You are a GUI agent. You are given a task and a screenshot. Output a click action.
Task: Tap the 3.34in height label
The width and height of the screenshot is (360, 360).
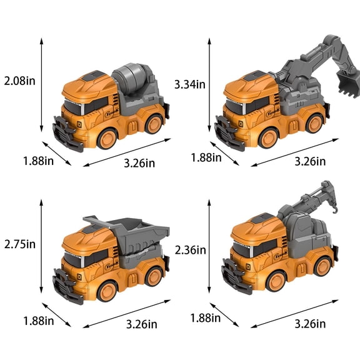click(x=190, y=83)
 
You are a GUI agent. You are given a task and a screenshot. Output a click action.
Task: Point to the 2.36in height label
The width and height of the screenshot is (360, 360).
click(x=190, y=250)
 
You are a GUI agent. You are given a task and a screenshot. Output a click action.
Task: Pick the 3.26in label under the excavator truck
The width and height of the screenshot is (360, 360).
click(x=310, y=161)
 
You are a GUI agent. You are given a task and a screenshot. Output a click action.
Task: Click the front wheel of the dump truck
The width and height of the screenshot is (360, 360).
click(x=107, y=291)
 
